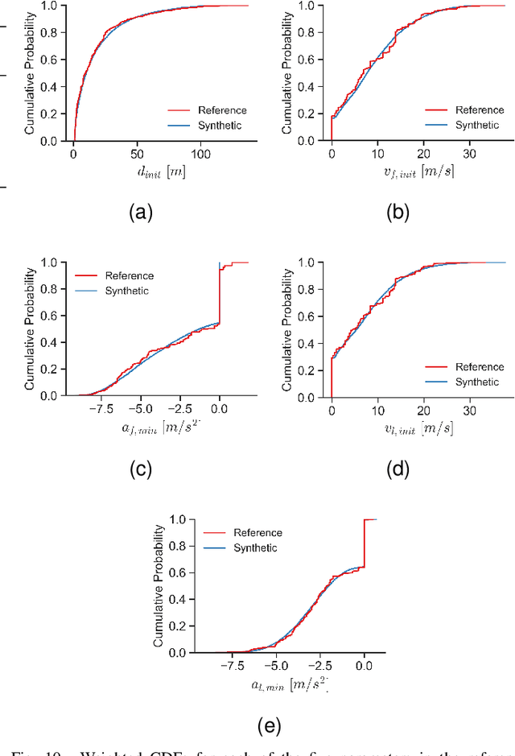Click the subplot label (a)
tap(140, 212)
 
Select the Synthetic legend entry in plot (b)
tap(477, 125)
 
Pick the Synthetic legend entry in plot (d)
tap(477, 382)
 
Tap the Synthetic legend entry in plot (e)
tap(255, 547)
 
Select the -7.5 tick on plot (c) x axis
tap(101, 409)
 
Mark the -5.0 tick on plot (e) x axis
tap(275, 666)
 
